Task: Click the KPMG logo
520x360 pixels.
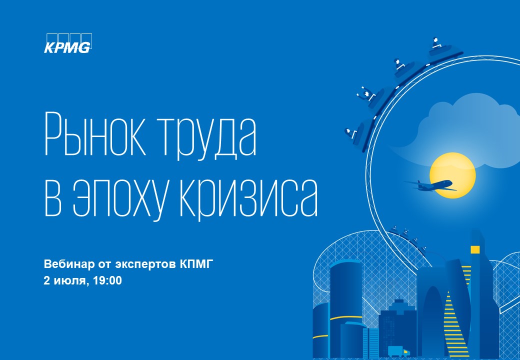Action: point(68,43)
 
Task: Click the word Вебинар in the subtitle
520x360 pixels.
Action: point(69,264)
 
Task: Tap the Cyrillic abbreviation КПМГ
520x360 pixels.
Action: point(195,264)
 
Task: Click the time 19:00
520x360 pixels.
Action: point(107,280)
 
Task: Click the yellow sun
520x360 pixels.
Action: point(452,175)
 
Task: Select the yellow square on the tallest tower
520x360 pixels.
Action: point(475,249)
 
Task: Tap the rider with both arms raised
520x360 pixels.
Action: point(367,94)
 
